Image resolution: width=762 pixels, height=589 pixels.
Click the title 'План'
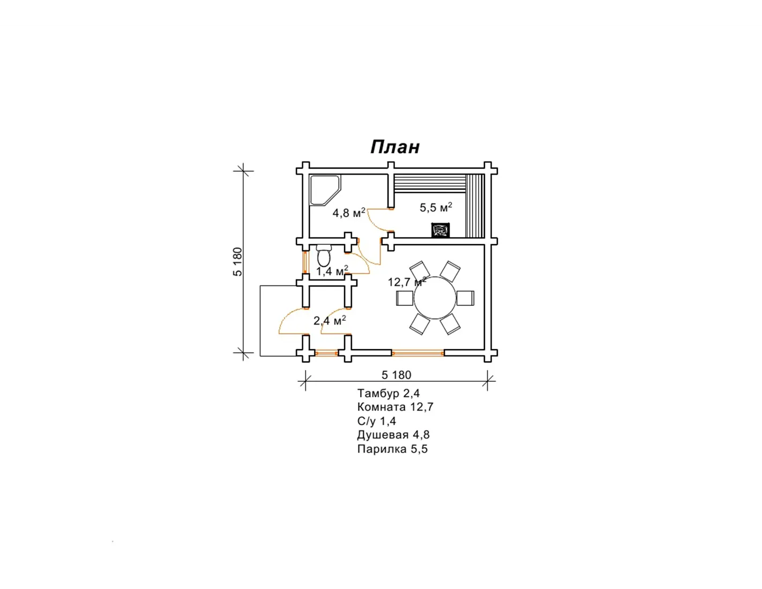395,147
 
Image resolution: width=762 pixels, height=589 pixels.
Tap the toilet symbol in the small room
323,255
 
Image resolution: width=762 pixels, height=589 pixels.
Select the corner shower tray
325,190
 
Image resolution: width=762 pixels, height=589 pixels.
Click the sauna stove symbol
440,230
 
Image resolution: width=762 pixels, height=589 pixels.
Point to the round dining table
435,298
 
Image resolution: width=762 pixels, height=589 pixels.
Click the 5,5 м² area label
436,207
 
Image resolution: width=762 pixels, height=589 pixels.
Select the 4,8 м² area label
349,213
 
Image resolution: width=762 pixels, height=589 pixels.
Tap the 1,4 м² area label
332,271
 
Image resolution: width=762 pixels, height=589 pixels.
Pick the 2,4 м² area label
330,320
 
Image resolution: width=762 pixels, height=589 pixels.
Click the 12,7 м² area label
407,282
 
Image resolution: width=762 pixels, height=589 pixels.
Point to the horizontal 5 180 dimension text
396,375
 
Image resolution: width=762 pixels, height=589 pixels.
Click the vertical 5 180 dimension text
237,262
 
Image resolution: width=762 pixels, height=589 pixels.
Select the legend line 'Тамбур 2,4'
389,393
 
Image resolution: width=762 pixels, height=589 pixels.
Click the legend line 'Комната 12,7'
395,407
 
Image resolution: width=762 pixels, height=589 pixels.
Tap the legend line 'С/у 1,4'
377,421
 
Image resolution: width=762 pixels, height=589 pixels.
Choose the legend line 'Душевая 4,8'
393,435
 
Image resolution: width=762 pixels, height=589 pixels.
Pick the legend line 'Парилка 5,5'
392,449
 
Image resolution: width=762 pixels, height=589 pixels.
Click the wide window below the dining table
417,353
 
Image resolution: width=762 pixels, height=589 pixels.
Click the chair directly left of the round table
405,298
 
